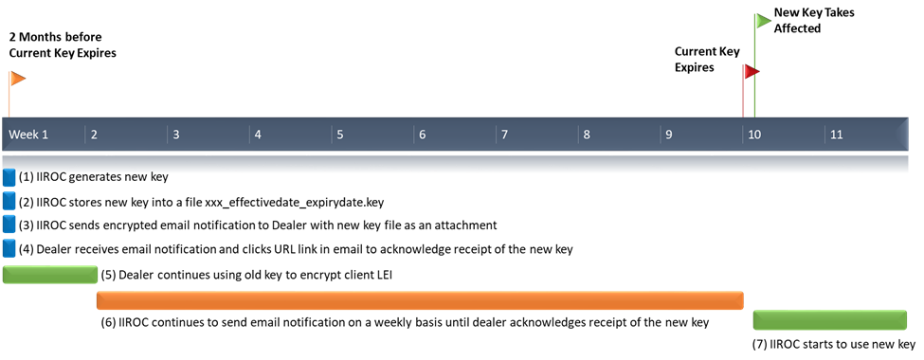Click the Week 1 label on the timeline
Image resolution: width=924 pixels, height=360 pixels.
(x=28, y=135)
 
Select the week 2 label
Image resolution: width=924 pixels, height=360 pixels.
(x=94, y=135)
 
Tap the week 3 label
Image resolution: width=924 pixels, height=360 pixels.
(x=175, y=135)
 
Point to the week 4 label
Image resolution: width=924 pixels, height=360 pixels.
(x=258, y=135)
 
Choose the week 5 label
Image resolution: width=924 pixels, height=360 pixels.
(x=340, y=135)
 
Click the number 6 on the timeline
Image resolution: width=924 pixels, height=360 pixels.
(x=423, y=135)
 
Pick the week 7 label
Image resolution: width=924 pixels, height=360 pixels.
(x=505, y=135)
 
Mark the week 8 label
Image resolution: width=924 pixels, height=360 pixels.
(x=588, y=135)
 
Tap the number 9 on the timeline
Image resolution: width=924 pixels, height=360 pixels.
(x=669, y=135)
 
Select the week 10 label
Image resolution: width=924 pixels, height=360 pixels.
(x=754, y=135)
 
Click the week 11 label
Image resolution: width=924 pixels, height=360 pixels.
(x=837, y=135)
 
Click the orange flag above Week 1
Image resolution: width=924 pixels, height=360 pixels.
(x=17, y=79)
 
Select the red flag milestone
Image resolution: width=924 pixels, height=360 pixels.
(x=751, y=72)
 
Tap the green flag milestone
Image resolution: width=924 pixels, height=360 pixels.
(x=763, y=21)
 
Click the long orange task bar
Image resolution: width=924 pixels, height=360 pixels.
(x=420, y=300)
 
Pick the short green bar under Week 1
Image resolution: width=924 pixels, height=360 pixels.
(x=50, y=275)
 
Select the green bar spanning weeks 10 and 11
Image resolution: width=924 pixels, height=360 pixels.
(x=829, y=320)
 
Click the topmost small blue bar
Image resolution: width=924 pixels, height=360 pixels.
(x=9, y=178)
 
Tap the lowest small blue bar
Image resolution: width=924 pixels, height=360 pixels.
(x=9, y=248)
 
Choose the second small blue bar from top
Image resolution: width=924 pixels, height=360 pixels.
(x=9, y=201)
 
